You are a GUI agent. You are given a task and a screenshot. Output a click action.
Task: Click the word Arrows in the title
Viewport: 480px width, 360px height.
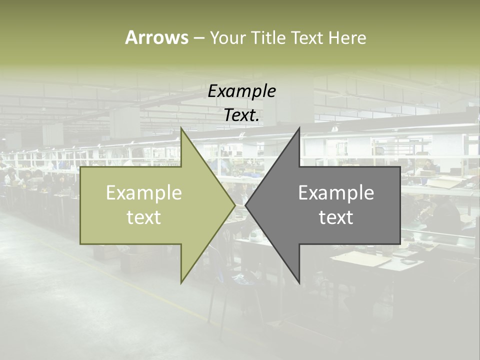click(x=156, y=37)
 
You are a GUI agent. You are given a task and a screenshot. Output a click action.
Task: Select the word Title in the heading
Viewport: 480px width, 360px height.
click(x=270, y=37)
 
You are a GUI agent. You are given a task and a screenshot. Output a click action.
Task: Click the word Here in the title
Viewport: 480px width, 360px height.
click(x=347, y=37)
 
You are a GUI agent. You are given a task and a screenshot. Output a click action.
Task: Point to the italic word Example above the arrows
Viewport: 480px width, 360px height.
click(x=242, y=91)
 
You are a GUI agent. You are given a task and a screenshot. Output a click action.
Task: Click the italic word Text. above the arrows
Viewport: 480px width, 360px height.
click(x=242, y=115)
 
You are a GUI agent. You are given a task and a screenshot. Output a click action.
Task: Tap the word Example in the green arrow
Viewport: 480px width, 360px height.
click(x=144, y=192)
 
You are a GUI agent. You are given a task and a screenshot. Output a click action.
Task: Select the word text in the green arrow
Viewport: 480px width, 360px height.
click(x=144, y=217)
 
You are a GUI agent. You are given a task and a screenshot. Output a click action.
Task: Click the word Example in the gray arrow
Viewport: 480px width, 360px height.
click(x=336, y=192)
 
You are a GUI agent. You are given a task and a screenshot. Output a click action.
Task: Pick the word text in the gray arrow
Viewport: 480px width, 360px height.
click(x=336, y=217)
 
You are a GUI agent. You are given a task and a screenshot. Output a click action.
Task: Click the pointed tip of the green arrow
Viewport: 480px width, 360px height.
click(x=234, y=205)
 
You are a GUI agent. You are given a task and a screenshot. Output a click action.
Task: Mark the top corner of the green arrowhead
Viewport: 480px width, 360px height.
click(x=181, y=128)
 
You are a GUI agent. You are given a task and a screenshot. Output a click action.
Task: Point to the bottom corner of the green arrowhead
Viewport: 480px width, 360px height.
click(x=181, y=282)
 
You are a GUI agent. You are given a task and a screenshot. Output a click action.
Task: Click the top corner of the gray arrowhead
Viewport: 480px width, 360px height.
click(x=299, y=128)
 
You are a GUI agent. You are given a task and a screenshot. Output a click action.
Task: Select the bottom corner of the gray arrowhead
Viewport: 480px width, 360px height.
click(x=299, y=282)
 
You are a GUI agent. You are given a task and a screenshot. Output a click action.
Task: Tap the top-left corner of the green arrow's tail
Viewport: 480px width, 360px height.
click(x=80, y=167)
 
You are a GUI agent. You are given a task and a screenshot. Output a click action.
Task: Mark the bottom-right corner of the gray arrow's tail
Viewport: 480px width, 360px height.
click(x=400, y=243)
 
